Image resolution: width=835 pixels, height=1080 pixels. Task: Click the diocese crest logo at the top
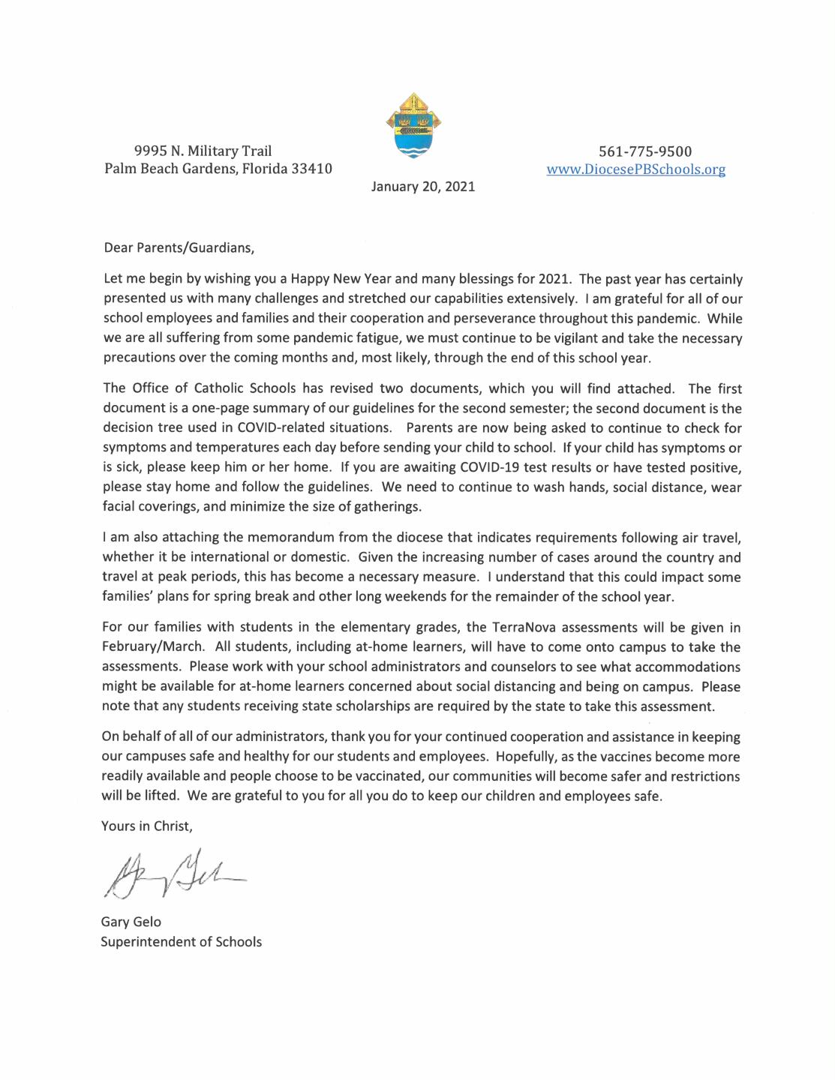(x=413, y=124)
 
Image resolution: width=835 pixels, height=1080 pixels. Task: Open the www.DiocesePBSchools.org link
(x=635, y=169)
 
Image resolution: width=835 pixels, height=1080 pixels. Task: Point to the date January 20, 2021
(x=423, y=187)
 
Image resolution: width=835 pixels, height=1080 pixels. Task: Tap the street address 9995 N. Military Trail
(x=203, y=151)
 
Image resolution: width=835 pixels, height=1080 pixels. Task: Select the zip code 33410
(x=311, y=169)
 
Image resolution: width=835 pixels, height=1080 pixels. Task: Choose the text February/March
(x=152, y=647)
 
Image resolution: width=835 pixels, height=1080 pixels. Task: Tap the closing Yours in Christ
(x=147, y=826)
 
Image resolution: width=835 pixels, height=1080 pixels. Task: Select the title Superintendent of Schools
(x=182, y=942)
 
